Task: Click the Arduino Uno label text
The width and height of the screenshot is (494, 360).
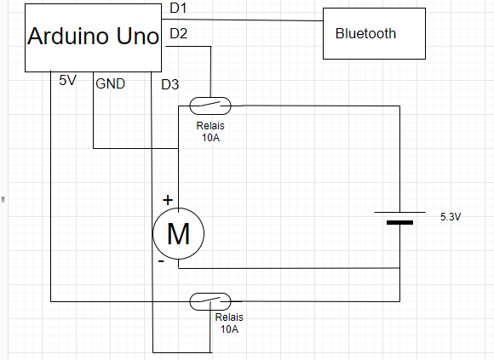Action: [93, 36]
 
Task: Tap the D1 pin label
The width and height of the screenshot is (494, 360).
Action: [178, 8]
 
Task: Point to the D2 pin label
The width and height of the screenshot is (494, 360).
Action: [179, 33]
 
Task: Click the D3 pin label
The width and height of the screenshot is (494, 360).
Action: [170, 84]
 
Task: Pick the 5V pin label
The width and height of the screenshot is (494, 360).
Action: [68, 81]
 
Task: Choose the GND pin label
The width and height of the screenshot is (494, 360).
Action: [110, 83]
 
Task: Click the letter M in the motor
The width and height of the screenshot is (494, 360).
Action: [178, 234]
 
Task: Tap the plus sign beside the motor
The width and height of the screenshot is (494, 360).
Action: [168, 200]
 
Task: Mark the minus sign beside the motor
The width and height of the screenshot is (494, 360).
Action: [161, 261]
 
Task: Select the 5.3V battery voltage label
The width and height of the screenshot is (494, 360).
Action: [451, 217]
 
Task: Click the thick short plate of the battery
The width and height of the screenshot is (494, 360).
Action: [399, 223]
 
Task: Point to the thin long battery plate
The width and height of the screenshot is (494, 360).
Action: [399, 213]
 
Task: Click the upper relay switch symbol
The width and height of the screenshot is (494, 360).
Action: [210, 106]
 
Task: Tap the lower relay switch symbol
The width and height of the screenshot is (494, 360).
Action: [210, 301]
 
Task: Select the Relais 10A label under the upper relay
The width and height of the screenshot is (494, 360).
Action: [210, 132]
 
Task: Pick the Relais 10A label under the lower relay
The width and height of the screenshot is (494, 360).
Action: [229, 323]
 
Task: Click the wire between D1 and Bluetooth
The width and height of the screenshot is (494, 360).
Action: [242, 20]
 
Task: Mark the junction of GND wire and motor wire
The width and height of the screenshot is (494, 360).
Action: [178, 148]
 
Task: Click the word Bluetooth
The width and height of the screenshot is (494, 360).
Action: [365, 34]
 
